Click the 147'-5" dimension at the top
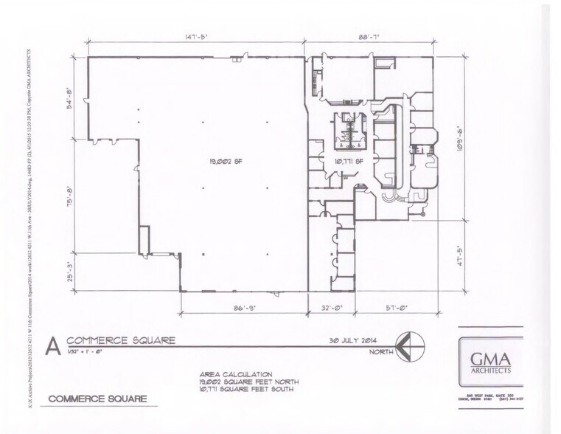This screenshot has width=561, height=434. (x=197, y=34)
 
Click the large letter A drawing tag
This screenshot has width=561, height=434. (x=52, y=345)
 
